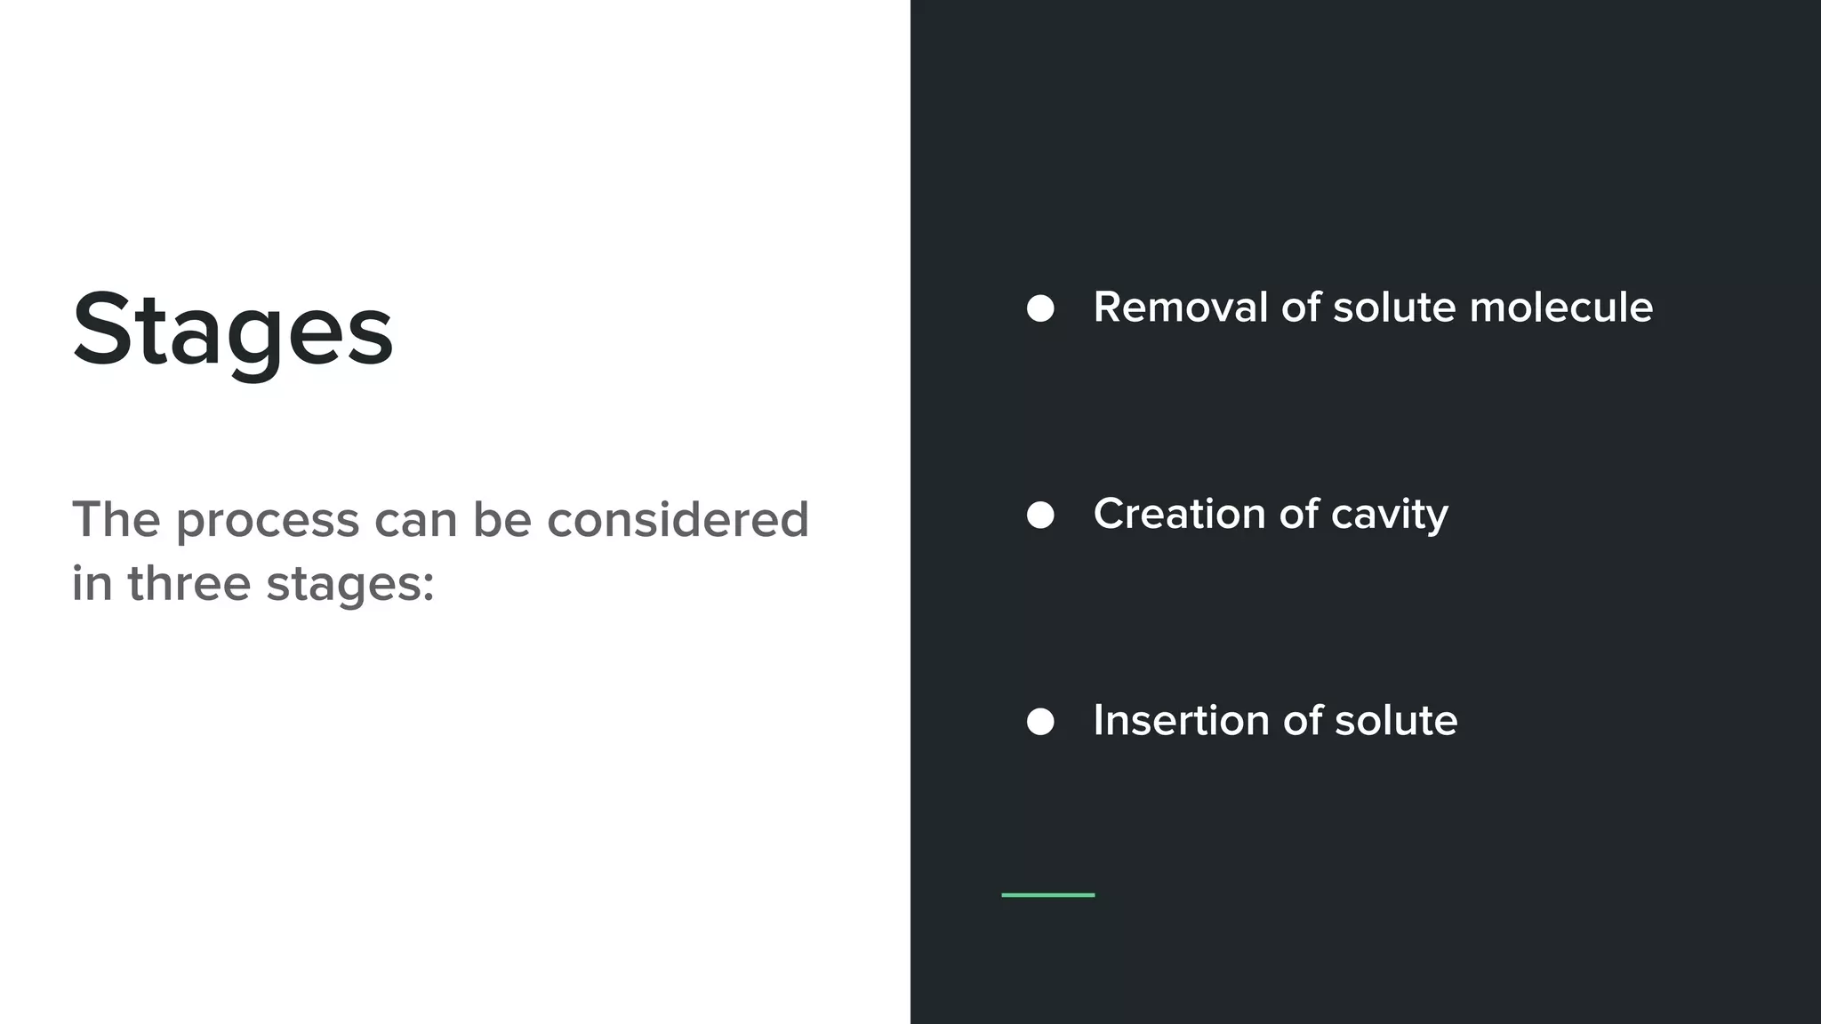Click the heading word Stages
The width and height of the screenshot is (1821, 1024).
point(232,330)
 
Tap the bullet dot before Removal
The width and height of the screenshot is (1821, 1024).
point(1040,308)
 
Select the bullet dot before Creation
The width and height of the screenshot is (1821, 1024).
point(1040,515)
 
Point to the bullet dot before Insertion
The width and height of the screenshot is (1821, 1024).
point(1040,722)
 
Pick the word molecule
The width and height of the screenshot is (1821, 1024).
point(1560,308)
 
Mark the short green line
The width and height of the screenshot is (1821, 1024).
point(1047,895)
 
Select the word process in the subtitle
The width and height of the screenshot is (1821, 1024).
point(268,520)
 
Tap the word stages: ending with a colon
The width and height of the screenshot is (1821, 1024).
point(350,586)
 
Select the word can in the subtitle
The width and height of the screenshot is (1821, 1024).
point(416,520)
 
